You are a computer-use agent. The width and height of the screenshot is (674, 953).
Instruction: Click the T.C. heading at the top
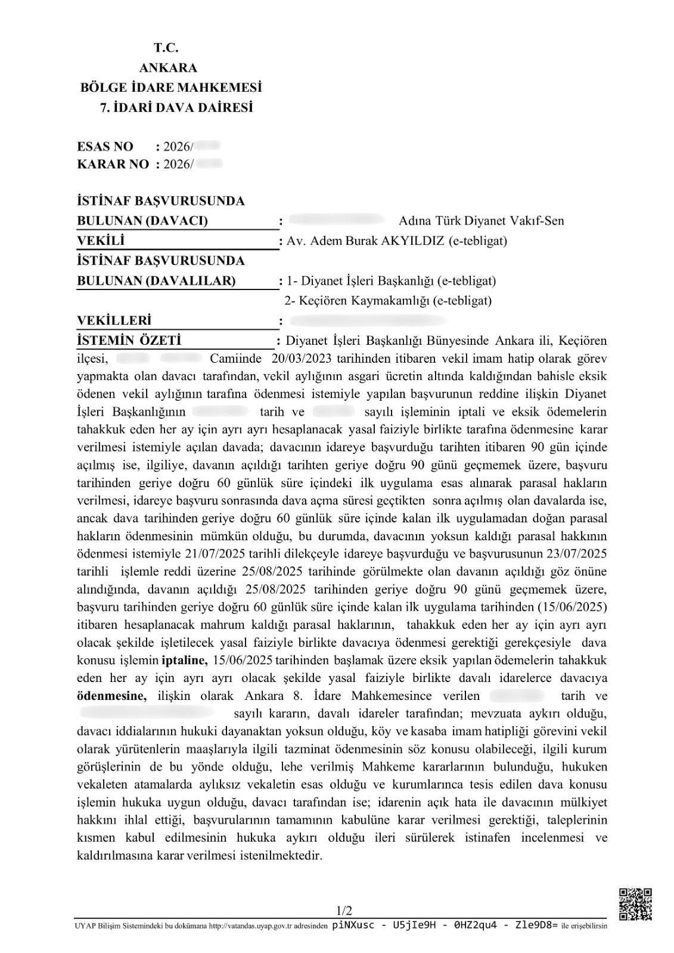point(166,48)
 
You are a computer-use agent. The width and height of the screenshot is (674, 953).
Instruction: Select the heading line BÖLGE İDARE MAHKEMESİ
point(171,88)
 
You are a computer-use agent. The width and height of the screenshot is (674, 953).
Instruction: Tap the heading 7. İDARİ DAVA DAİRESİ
point(176,108)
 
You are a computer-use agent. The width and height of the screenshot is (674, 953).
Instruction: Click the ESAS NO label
point(105,147)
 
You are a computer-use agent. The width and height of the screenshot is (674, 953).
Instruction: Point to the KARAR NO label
point(113,164)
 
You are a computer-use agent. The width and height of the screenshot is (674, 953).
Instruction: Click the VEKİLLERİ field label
point(114,321)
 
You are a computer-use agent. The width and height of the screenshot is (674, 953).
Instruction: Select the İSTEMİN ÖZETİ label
point(129,341)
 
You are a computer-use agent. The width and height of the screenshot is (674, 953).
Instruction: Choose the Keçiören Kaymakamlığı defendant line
point(388,301)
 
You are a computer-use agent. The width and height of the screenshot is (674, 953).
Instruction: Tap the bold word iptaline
point(184,660)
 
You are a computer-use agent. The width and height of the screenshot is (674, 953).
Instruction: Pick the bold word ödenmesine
point(111,695)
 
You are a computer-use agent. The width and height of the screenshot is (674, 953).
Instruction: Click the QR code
point(635,904)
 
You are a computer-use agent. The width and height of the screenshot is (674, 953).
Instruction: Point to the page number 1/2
point(344,911)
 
